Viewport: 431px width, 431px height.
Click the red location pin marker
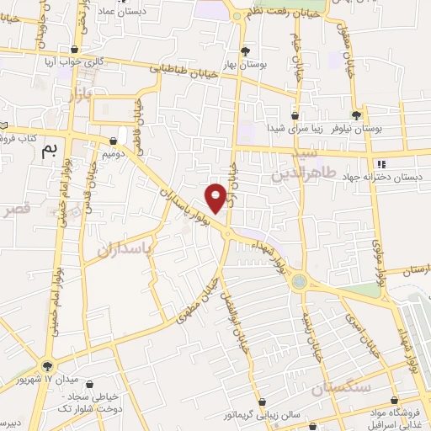point(216,197)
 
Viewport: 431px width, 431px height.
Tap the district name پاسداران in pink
point(129,249)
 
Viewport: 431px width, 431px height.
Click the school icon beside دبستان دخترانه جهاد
point(380,164)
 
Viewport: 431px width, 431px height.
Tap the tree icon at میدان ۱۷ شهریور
point(47,366)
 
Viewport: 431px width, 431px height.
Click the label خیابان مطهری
point(198,305)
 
